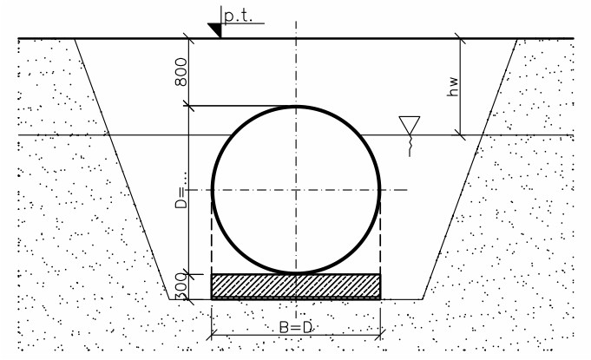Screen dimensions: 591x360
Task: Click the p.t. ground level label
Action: point(238,16)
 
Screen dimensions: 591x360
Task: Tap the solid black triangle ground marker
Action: point(216,29)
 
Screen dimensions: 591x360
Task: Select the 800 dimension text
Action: point(181,71)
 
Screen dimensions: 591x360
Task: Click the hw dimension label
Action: point(453,87)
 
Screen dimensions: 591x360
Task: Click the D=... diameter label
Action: point(181,190)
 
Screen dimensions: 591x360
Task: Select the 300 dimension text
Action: point(181,287)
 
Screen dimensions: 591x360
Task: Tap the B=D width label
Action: point(296,327)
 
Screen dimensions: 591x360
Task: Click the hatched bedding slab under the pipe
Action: point(296,287)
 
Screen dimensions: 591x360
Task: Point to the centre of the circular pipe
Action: point(296,190)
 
